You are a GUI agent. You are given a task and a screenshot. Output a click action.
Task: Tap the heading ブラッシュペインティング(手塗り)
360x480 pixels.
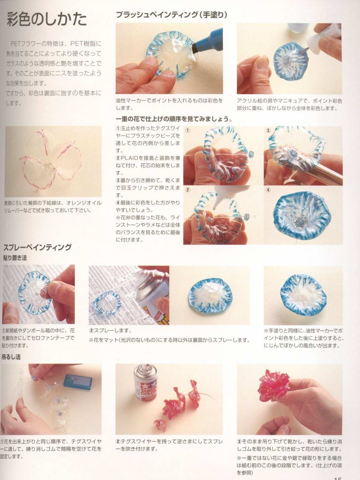pyautogui.click(x=172, y=15)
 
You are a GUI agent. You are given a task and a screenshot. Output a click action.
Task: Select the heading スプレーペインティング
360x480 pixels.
pyautogui.click(x=37, y=247)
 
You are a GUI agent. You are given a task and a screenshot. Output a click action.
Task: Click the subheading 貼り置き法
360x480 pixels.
pyautogui.click(x=15, y=258)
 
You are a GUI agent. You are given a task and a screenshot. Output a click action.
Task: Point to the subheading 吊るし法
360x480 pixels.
pyautogui.click(x=11, y=357)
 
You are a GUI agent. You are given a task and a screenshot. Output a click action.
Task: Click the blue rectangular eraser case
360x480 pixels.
pyautogui.click(x=79, y=382)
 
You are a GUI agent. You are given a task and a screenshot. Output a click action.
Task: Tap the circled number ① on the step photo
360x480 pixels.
pyautogui.click(x=187, y=130)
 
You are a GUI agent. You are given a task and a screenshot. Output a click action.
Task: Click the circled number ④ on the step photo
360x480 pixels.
pyautogui.click(x=268, y=190)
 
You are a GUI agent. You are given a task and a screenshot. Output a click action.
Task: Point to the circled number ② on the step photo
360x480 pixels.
pyautogui.click(x=187, y=190)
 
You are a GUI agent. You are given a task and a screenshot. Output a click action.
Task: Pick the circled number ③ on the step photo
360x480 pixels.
pyautogui.click(x=268, y=130)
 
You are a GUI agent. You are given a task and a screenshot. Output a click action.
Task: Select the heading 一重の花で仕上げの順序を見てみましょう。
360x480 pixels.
pyautogui.click(x=174, y=119)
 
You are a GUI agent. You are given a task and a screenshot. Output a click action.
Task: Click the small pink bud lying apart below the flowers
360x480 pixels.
pyautogui.click(x=159, y=425)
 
